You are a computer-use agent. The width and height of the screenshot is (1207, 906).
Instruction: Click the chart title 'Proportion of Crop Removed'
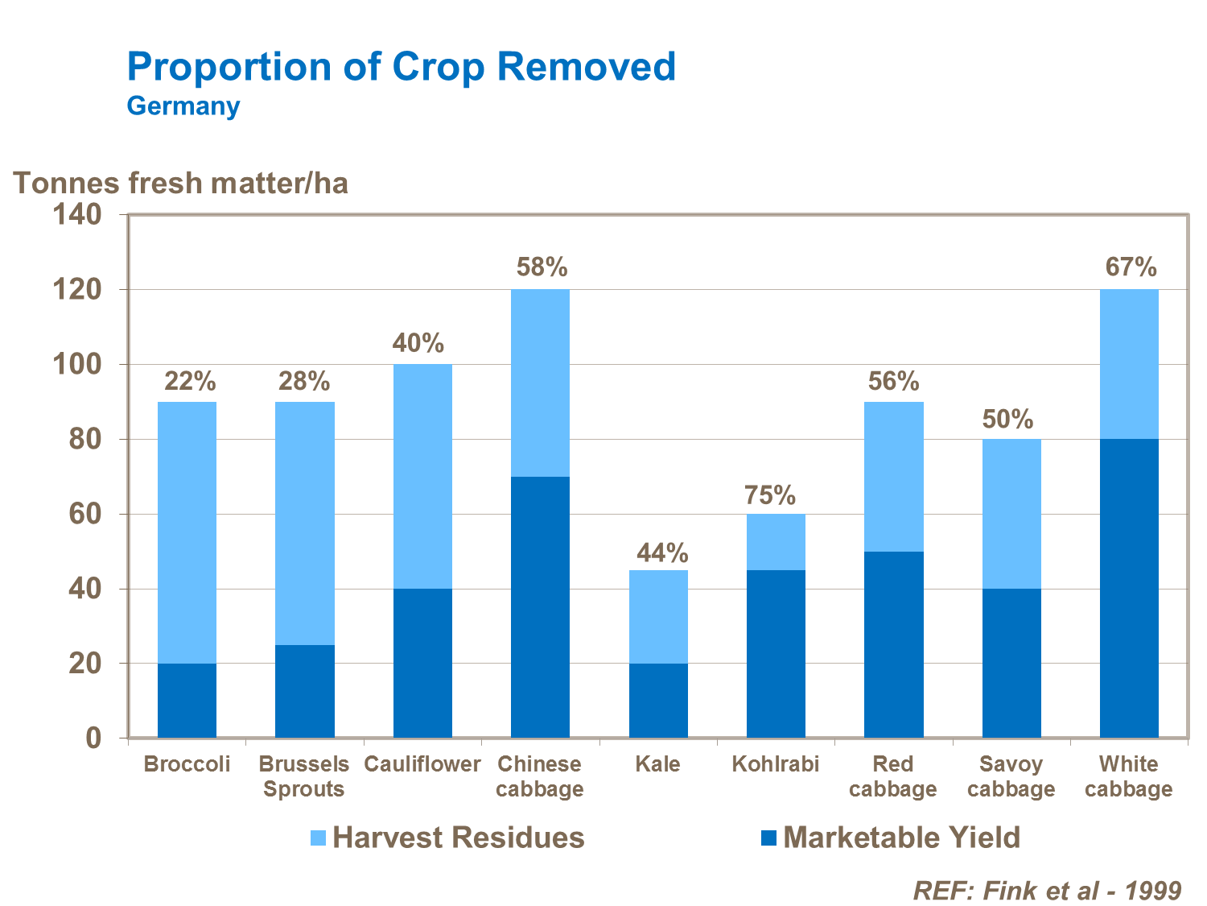tap(401, 66)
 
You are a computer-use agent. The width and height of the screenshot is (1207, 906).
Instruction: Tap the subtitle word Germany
tap(183, 106)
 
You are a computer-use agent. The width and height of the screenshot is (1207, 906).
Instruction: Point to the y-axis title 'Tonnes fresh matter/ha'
tap(181, 184)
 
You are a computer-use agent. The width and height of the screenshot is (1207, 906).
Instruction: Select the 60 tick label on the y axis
tap(85, 514)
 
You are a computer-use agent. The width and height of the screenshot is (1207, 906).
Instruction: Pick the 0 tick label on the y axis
tap(93, 738)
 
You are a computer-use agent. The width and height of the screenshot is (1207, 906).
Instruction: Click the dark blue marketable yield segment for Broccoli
tap(187, 701)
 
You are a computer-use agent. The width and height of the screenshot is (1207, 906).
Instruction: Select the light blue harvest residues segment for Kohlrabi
tap(776, 542)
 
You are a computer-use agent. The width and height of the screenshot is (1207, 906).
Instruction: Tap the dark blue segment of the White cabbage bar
tap(1129, 588)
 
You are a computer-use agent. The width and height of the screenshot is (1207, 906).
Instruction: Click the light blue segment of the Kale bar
tap(658, 617)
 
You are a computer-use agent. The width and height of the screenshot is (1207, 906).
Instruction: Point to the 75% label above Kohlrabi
tap(770, 495)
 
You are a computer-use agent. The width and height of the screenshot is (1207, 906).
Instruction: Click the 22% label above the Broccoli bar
tap(190, 382)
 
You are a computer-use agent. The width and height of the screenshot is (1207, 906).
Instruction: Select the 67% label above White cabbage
tap(1131, 267)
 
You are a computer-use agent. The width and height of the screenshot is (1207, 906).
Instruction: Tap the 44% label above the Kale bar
tap(662, 553)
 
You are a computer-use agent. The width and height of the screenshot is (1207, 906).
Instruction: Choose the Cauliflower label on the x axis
tap(422, 763)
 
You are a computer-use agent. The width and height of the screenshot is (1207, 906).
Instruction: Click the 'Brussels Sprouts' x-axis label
tap(304, 776)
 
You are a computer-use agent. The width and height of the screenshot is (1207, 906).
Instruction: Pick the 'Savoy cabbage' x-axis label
tap(1011, 776)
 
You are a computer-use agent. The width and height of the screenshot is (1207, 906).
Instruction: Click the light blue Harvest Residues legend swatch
tap(318, 838)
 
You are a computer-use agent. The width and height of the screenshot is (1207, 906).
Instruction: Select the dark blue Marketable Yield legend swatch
tap(768, 838)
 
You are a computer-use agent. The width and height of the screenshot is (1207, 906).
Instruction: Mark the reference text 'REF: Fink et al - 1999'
tap(1047, 890)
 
